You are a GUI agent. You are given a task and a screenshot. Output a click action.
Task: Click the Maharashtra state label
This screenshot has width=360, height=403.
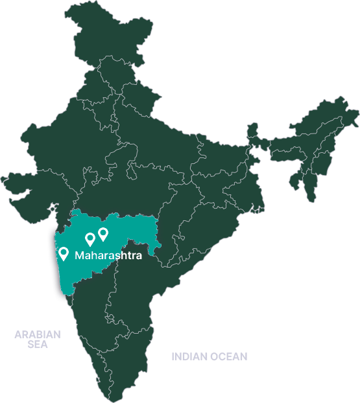tap(108, 255)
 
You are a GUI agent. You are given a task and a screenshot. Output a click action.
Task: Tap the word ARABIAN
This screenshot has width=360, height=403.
tap(38, 335)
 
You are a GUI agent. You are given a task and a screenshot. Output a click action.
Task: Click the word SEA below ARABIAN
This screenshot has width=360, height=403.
tap(38, 345)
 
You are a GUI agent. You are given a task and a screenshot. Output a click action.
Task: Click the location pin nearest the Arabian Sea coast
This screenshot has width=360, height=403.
tap(64, 253)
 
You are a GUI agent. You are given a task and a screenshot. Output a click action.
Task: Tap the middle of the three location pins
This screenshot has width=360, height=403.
tap(90, 240)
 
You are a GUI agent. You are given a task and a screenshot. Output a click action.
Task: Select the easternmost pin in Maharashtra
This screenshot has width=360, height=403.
tap(102, 233)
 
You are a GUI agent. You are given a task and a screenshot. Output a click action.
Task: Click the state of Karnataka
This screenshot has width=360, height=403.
tap(91, 311)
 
